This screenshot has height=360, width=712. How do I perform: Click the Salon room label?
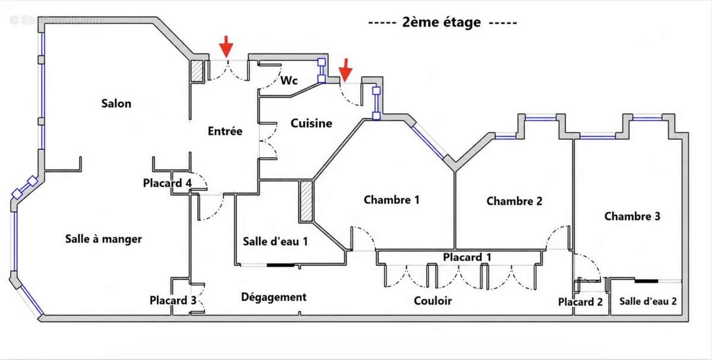pos(116,104)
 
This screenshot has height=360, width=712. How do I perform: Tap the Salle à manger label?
pos(103,239)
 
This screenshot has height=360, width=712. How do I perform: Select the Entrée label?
pos(225,131)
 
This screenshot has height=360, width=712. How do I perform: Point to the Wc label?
pos(289,81)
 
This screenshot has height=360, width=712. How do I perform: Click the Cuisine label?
pos(311,123)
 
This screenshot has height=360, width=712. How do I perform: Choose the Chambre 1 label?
pos(392,200)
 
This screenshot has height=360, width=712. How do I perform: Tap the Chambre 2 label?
pos(514,201)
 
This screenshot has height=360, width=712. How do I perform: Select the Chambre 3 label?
pos(632,216)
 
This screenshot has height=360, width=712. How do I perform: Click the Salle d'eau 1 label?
pos(275,241)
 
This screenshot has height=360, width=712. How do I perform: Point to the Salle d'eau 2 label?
pos(648,301)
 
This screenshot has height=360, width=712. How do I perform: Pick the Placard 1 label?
pos(467,257)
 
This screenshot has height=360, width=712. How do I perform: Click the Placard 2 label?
pos(580,302)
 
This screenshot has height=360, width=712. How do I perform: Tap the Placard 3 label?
pos(173,300)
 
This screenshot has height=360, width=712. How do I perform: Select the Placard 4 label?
pos(167,183)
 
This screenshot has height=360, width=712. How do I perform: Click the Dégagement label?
pos(274,297)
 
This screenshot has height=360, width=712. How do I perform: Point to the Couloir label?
pos(433,301)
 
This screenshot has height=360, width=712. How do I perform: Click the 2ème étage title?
pos(443,23)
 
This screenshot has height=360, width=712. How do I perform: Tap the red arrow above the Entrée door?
pos(226,46)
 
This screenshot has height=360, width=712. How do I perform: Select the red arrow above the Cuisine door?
pos(345,70)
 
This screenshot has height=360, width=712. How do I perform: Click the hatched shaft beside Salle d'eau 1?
pos(306,202)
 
